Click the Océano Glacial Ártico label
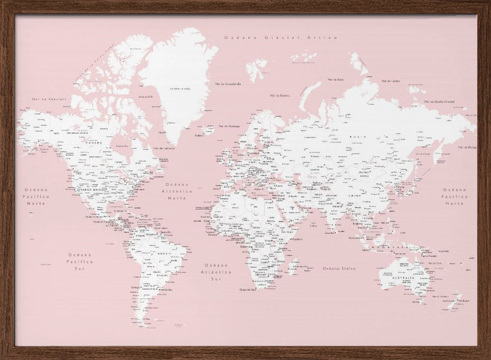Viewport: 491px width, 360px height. [280, 37]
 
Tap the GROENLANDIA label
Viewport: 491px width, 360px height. [180, 89]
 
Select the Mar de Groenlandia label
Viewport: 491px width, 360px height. [228, 83]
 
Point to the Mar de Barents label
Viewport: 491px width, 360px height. [280, 95]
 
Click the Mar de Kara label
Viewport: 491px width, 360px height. [335, 80]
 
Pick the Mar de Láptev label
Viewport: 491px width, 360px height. [390, 81]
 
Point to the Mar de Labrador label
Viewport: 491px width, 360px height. [164, 148]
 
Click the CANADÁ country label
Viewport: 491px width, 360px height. [93, 143]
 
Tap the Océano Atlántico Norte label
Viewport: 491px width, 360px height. [177, 191]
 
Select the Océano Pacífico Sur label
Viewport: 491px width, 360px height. [80, 261]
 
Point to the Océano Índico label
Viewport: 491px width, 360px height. [339, 269]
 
